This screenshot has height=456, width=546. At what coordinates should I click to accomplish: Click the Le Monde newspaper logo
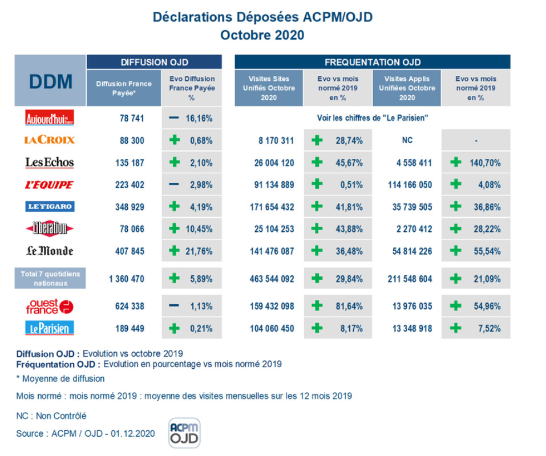tap(50, 250)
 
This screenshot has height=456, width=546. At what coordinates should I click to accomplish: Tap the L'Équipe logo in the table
tap(50, 185)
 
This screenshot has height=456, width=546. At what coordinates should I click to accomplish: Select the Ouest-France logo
tap(50, 306)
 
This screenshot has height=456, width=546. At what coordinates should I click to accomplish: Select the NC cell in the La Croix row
tap(406, 140)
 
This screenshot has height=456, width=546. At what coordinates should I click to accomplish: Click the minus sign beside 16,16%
tap(175, 119)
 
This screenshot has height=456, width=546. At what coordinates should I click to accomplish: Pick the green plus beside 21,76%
tap(175, 250)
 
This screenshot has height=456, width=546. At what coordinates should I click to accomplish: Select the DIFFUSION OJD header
tap(154, 62)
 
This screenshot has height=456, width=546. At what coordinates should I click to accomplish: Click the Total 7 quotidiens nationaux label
tap(50, 278)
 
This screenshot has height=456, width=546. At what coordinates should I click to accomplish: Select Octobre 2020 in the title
tap(262, 35)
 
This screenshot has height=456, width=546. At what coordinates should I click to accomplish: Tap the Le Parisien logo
tap(50, 328)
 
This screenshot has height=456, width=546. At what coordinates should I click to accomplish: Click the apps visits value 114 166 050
tap(406, 185)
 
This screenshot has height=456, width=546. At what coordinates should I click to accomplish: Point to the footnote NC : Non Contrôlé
tap(51, 416)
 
